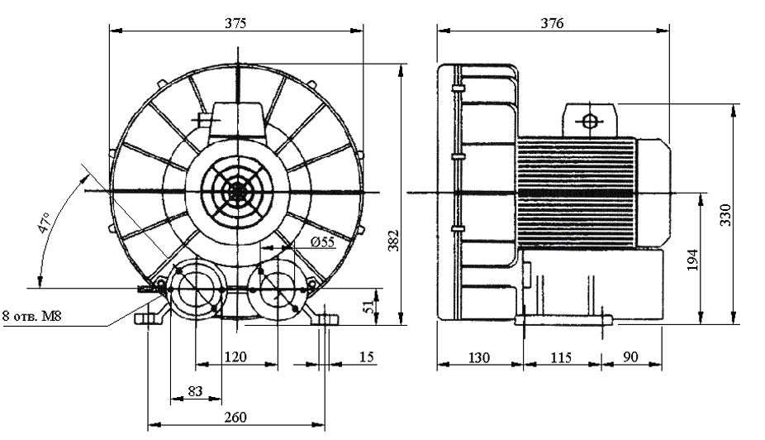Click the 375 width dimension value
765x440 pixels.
click(x=235, y=23)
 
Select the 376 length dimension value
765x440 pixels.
click(x=552, y=23)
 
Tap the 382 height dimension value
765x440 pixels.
click(x=393, y=240)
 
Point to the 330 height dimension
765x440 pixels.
click(x=725, y=214)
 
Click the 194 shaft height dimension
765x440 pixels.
click(x=692, y=260)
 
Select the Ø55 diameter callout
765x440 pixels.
click(x=322, y=242)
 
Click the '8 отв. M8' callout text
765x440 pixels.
click(x=32, y=316)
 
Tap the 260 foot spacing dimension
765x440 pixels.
click(x=235, y=417)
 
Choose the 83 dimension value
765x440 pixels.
click(x=195, y=390)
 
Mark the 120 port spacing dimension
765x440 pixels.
click(x=235, y=357)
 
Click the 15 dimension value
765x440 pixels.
click(x=367, y=357)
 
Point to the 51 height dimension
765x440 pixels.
click(x=370, y=306)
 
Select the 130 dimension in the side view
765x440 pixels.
click(x=478, y=357)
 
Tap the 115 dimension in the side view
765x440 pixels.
click(x=561, y=357)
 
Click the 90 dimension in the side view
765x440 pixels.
click(x=630, y=357)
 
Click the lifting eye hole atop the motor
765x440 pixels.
click(x=590, y=121)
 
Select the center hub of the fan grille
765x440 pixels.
click(x=238, y=191)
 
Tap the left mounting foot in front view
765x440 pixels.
click(x=149, y=319)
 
